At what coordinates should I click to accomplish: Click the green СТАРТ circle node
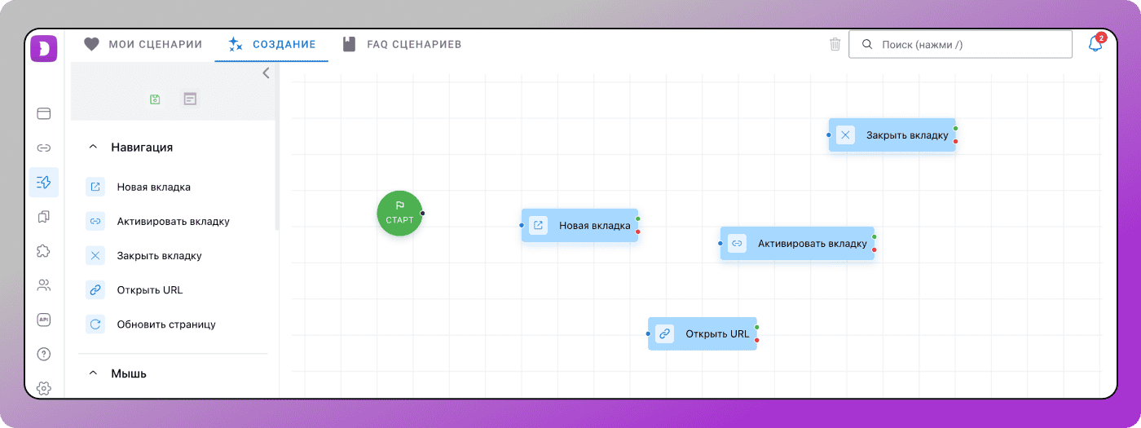coord(399,213)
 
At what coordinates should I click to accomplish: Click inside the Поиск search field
coord(960,44)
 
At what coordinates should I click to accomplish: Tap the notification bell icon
coord(1095,44)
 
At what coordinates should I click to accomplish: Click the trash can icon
coord(835,44)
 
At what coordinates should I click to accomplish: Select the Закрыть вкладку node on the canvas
coord(892,135)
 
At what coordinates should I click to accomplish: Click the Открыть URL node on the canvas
coord(703,333)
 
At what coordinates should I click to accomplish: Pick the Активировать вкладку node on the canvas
coord(797,244)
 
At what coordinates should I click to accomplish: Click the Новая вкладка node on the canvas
coord(579,225)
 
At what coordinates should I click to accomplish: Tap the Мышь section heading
coord(129,373)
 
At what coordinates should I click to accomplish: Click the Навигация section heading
coord(142,148)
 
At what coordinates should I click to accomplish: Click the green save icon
coord(155,99)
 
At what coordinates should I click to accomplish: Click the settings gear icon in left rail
coord(44,388)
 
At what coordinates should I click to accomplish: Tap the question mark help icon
coord(44,354)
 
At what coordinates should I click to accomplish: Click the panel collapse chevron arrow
coord(266,73)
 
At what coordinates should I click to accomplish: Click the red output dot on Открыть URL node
coord(757,340)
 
